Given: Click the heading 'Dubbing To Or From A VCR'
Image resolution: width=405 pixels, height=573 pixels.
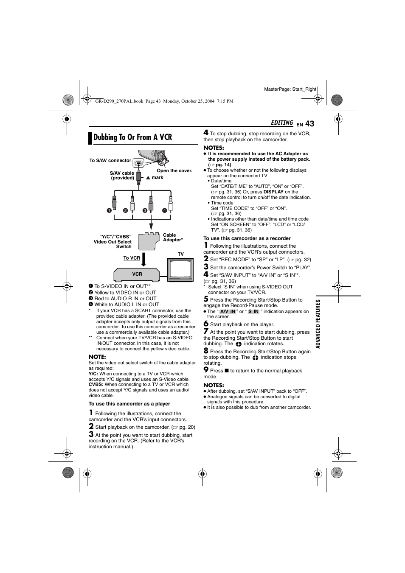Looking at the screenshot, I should (132, 137).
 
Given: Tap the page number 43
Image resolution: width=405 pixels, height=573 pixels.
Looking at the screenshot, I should (309, 123).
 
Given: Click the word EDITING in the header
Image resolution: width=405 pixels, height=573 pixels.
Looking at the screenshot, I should (282, 123).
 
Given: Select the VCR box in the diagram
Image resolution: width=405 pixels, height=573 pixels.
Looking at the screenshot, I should (137, 274).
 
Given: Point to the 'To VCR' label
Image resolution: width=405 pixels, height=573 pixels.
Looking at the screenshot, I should (132, 258).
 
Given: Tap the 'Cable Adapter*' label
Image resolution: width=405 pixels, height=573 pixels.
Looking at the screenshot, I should (173, 238).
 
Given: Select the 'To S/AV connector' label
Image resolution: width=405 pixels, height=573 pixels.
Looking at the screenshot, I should (110, 160).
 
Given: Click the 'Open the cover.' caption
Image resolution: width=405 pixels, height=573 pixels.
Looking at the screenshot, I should (174, 171).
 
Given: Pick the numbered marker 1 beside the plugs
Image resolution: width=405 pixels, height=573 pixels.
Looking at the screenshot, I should (109, 210).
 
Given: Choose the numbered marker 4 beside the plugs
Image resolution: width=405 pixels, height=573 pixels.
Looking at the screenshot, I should (164, 210).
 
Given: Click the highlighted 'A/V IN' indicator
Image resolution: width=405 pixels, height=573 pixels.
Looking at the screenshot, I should (228, 311).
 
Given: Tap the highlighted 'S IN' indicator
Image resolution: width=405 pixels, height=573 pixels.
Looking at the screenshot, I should (253, 311).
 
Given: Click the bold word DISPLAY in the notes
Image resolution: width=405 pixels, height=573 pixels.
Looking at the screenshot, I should (273, 192).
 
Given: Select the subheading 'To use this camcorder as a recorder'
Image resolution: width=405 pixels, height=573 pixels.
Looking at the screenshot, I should (247, 238).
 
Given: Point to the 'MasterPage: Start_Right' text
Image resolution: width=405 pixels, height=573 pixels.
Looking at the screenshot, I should (290, 89).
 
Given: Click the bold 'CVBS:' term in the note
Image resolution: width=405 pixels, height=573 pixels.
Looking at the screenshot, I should (96, 385).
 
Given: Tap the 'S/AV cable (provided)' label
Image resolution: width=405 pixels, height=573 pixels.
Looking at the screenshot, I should (122, 176).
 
